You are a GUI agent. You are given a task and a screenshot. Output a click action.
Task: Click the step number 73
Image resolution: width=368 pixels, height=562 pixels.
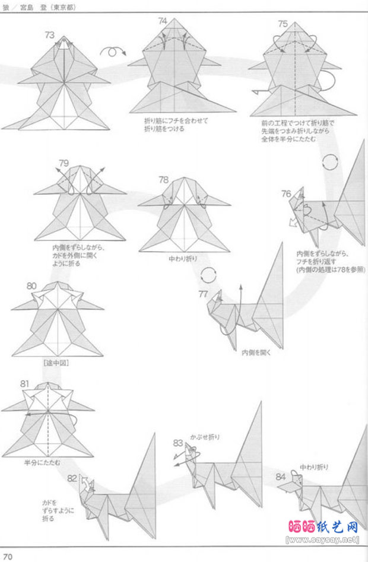pos(50,35)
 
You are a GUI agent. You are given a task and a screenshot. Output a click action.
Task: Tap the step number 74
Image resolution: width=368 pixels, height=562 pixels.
pos(163,21)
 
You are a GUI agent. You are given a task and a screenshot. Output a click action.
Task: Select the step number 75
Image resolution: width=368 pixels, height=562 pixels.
pos(283,24)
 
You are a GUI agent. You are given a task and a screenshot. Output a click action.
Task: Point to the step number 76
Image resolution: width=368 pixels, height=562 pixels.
pos(286,193)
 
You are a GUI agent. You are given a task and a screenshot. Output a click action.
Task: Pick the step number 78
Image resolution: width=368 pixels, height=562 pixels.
pos(163,179)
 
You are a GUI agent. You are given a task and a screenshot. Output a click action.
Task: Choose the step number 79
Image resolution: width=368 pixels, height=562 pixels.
pos(64,163)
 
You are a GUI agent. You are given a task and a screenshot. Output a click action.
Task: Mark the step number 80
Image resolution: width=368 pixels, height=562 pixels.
pos(32,285)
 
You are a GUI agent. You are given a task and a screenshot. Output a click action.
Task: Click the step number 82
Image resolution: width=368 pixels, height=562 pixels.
pos(72,478)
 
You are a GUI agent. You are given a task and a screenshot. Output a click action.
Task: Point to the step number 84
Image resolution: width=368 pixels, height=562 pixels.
pos(281,476)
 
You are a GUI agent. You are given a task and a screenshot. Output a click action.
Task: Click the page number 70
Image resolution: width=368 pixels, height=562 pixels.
pos(7,556)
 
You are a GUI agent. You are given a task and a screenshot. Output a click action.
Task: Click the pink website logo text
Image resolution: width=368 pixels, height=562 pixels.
pos(323,526)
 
